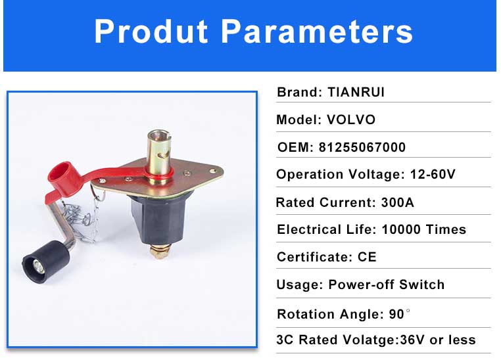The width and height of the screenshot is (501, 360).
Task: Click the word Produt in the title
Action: [151, 32]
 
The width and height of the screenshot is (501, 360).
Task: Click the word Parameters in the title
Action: [317, 32]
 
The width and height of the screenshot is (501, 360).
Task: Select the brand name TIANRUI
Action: [356, 92]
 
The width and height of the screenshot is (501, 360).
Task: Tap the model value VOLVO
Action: [351, 120]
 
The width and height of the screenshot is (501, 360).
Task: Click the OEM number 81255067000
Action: [362, 147]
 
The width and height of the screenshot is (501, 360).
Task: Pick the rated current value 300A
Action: [398, 202]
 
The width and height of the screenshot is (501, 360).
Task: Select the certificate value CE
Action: [367, 257]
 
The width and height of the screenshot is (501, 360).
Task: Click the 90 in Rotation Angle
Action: [396, 314]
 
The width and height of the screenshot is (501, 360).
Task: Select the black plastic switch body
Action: [159, 220]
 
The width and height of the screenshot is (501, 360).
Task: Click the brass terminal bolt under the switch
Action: [159, 251]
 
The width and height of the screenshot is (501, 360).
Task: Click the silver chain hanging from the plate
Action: [83, 217]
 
